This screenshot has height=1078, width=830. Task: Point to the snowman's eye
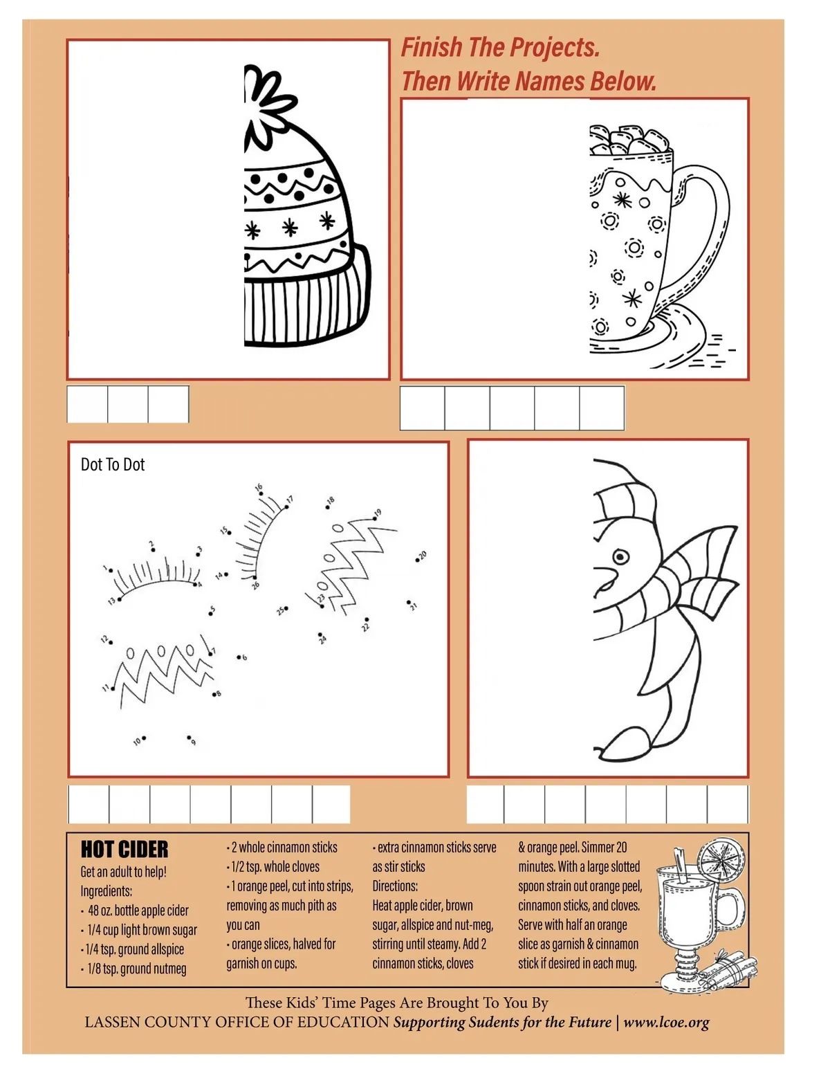[x=620, y=556]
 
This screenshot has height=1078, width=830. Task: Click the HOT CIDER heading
[x=124, y=849]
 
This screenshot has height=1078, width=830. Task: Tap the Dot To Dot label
[x=113, y=464]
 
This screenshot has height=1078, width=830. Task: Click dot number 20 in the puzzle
[x=418, y=560]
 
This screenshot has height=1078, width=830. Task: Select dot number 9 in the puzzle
[x=189, y=737]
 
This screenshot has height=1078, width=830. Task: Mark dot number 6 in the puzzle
[x=239, y=657]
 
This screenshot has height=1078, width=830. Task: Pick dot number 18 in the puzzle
[x=327, y=507]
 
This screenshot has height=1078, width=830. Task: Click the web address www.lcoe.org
[x=666, y=1023]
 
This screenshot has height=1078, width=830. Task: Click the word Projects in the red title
[x=554, y=48]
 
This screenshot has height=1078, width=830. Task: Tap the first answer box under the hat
[x=87, y=404]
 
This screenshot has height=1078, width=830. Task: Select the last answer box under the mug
[x=602, y=408]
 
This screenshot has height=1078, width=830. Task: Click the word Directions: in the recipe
[x=395, y=886]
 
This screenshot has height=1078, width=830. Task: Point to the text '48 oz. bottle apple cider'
[x=138, y=911]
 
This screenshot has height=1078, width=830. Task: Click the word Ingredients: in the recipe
[x=106, y=891]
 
